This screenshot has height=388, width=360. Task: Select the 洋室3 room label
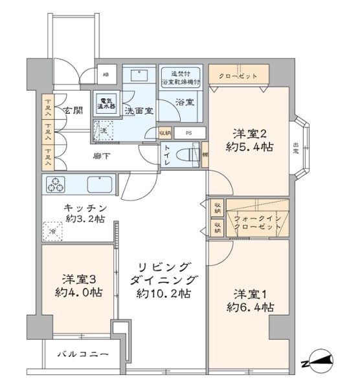coord(78,286)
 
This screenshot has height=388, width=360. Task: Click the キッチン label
coord(85,214)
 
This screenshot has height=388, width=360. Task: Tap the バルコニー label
coord(81,354)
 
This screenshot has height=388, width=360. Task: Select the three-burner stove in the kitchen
coord(56,184)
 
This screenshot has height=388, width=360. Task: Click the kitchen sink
coord(100,184)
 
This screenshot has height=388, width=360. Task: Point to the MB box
coord(105,75)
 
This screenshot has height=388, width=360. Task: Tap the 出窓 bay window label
coord(296,147)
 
